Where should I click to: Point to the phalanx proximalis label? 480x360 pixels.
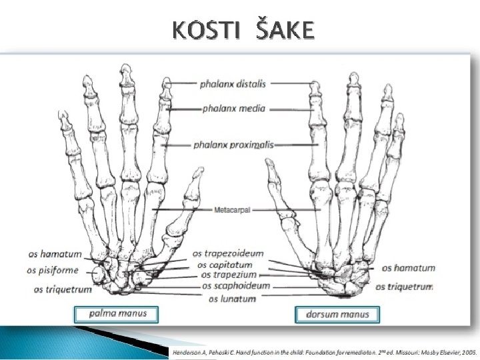click(x=233, y=144)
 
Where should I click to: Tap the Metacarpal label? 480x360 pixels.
click(x=232, y=209)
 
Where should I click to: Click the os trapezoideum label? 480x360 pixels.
click(x=228, y=254)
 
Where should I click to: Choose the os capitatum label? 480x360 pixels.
click(x=227, y=265)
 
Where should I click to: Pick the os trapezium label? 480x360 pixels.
click(x=229, y=275)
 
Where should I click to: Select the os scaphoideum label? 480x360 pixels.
click(x=235, y=286)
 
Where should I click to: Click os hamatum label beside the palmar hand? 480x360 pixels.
click(x=55, y=254)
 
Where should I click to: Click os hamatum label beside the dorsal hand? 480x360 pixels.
click(x=408, y=268)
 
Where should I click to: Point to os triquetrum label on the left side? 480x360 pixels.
click(x=57, y=289)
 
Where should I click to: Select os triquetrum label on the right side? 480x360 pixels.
click(x=404, y=287)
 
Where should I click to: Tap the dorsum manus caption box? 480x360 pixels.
click(x=336, y=314)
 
